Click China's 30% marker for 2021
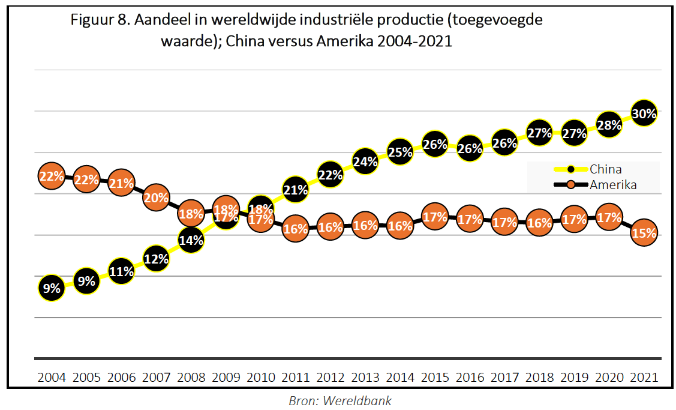pyautogui.click(x=644, y=113)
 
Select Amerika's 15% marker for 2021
pyautogui.click(x=644, y=234)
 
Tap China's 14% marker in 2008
pyautogui.click(x=191, y=240)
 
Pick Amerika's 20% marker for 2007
pyautogui.click(x=156, y=198)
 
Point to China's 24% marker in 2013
pyautogui.click(x=365, y=161)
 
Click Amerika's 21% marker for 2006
pyautogui.click(x=121, y=184)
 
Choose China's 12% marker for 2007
pyautogui.click(x=156, y=259)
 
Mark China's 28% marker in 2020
pyautogui.click(x=609, y=125)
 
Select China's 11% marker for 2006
pyautogui.click(x=121, y=271)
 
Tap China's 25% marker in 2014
pyautogui.click(x=400, y=151)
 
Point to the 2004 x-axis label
pyautogui.click(x=52, y=378)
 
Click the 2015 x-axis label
pyautogui.click(x=435, y=378)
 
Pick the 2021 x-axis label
pyautogui.click(x=644, y=378)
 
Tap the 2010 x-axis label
pyautogui.click(x=260, y=378)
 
